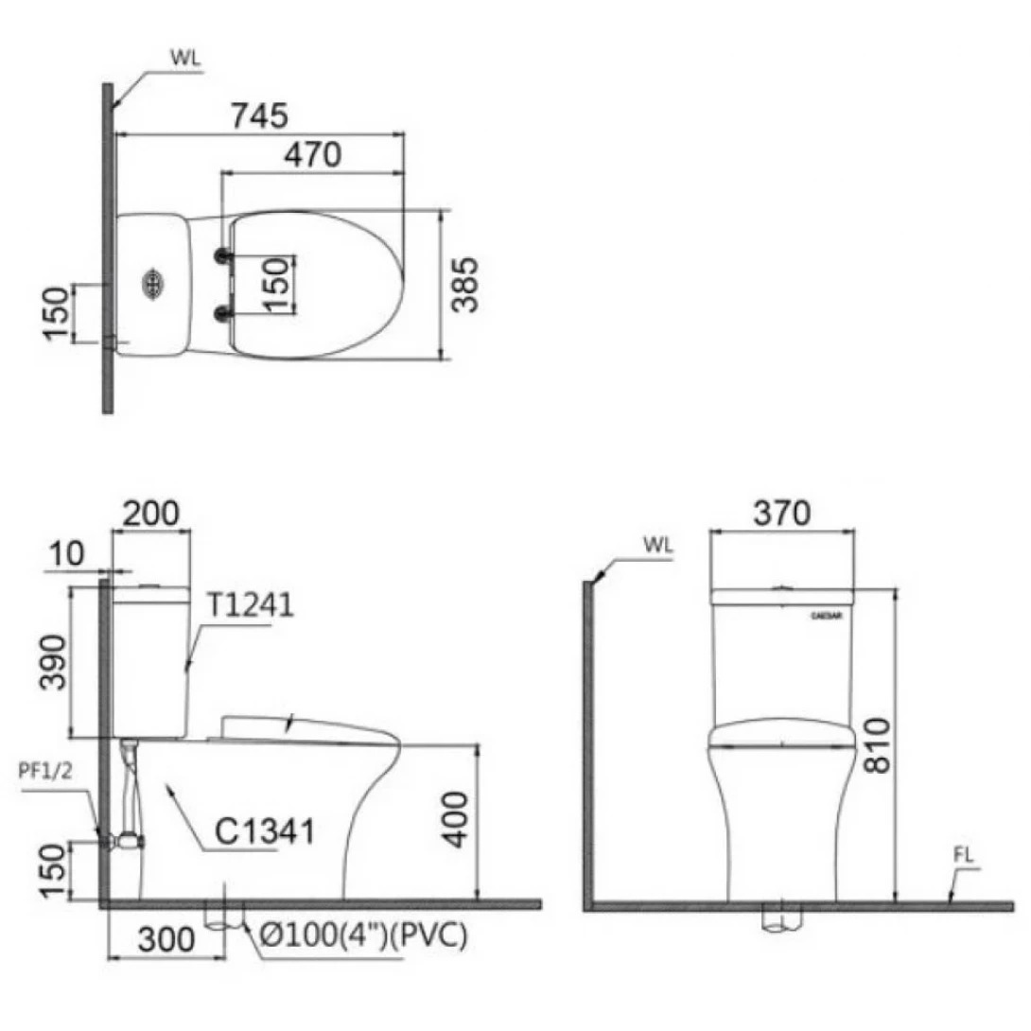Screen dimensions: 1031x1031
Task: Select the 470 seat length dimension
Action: [x=311, y=154]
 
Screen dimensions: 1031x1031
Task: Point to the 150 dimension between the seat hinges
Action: [x=274, y=284]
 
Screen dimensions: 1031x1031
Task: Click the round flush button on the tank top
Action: [x=151, y=283]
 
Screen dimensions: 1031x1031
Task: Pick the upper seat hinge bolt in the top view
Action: [x=223, y=255]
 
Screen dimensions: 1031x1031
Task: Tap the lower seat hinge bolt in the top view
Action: [x=223, y=313]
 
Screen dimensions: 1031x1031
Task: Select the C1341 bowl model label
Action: [x=264, y=831]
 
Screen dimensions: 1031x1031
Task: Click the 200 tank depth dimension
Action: [x=151, y=514]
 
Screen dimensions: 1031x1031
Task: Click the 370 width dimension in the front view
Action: [x=781, y=513]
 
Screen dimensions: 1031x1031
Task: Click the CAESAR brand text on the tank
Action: [x=828, y=614]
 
